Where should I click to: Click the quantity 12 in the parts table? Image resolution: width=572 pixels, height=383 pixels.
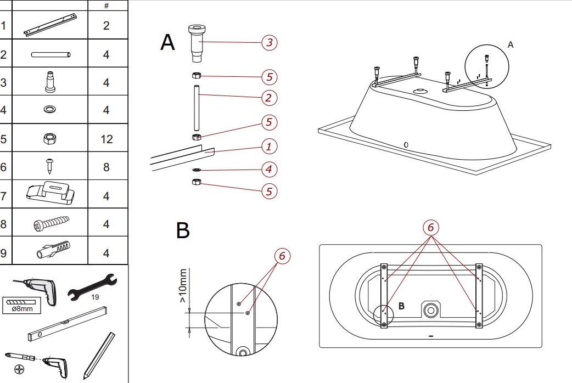(x=106, y=139)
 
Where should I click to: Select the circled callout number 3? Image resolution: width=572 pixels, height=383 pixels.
(x=268, y=42)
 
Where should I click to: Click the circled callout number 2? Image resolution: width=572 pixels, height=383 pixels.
(x=268, y=98)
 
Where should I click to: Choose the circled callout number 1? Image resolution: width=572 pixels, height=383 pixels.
(x=268, y=147)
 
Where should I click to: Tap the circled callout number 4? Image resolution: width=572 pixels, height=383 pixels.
(x=268, y=169)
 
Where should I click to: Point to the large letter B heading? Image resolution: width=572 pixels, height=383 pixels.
(x=183, y=231)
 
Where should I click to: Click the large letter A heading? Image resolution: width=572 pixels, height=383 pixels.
(x=167, y=42)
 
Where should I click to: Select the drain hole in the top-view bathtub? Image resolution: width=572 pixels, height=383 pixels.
(x=430, y=311)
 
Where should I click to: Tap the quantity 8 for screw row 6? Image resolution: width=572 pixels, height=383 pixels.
(x=106, y=167)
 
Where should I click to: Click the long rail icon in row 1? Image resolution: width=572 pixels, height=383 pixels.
(x=48, y=25)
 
